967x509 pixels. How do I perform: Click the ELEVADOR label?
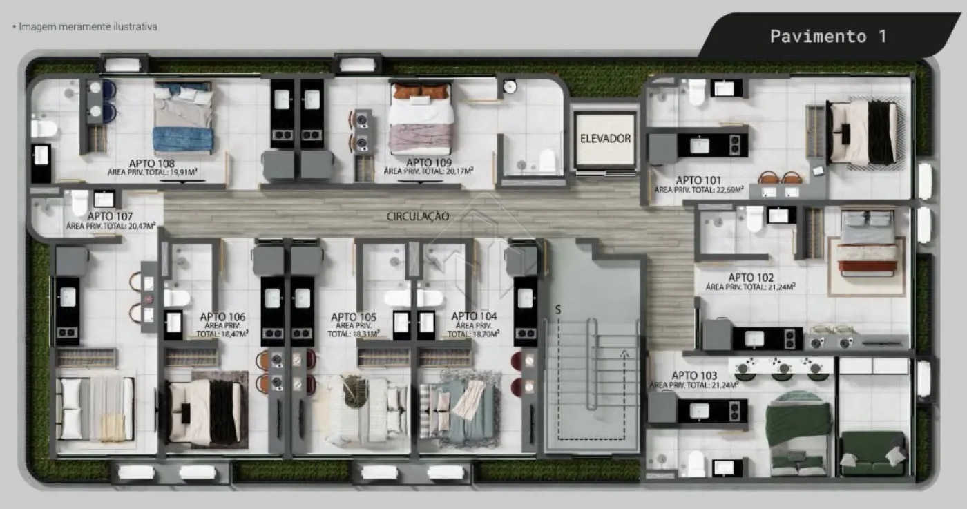(x=605, y=139)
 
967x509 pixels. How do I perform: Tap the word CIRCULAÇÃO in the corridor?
(x=418, y=216)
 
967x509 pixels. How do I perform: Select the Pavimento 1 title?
(x=828, y=37)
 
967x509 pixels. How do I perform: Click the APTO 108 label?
(x=151, y=164)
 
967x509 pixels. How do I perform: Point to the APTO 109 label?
(x=429, y=163)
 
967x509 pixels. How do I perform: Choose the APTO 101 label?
(x=698, y=180)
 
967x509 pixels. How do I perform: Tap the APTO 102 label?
(x=751, y=278)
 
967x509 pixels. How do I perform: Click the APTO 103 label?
(x=694, y=376)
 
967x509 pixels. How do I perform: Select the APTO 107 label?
(x=110, y=216)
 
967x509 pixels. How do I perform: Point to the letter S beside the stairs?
(x=558, y=309)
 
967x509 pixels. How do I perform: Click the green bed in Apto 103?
(x=798, y=433)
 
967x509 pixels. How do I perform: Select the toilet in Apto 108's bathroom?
(x=44, y=128)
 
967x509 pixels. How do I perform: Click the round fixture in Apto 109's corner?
(x=510, y=87)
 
